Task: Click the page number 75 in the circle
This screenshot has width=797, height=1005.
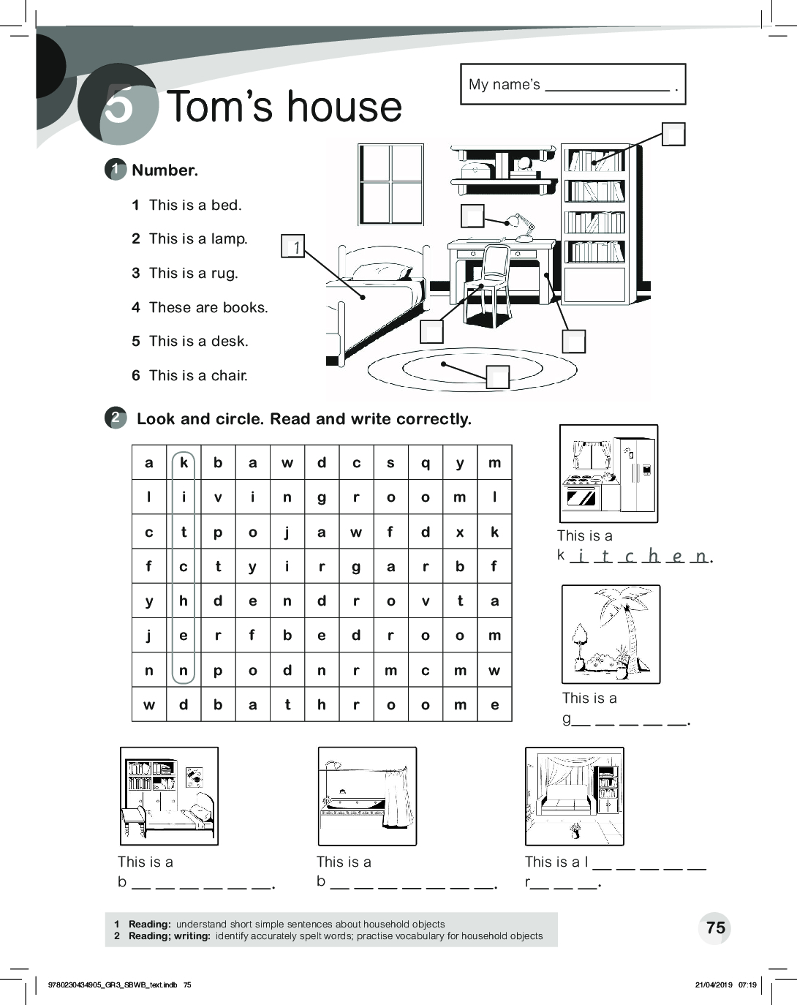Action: (x=716, y=927)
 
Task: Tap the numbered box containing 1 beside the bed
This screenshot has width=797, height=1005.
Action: (x=292, y=246)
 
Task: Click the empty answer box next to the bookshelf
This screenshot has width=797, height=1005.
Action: (x=673, y=135)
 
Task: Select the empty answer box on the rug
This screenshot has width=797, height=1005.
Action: (x=498, y=376)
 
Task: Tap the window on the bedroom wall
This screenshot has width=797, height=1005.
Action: (x=390, y=184)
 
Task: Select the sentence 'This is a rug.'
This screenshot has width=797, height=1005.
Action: (x=193, y=273)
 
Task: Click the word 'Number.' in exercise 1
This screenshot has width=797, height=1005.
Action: (x=165, y=170)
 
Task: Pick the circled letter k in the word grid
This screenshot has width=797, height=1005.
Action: (x=184, y=462)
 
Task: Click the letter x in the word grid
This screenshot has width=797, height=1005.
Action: (x=460, y=532)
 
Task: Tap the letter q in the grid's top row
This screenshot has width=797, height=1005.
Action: (x=426, y=462)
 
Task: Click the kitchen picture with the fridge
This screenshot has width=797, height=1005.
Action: (x=608, y=473)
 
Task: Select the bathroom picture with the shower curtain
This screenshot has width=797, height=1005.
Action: (x=367, y=796)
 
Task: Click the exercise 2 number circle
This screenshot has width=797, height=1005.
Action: (x=116, y=418)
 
